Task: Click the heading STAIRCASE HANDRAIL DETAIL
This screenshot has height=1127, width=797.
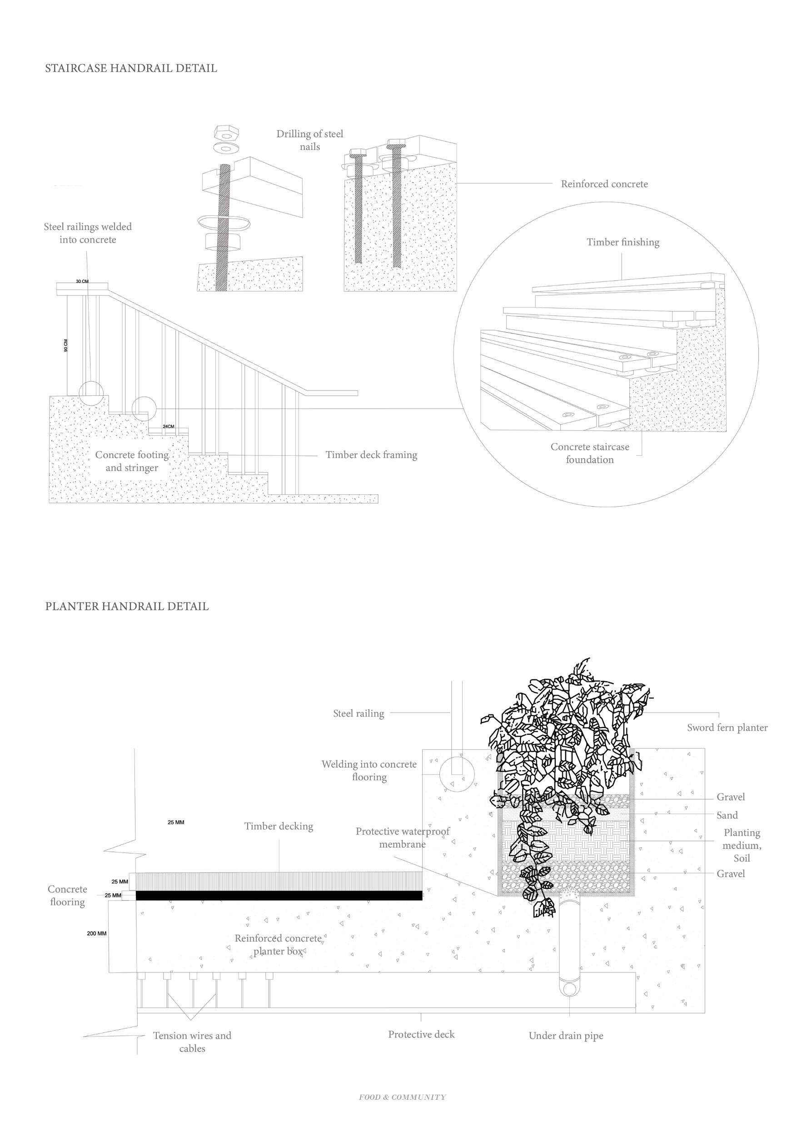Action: point(131,68)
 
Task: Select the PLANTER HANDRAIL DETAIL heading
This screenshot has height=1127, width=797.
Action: point(127,606)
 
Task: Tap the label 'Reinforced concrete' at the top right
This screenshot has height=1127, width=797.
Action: point(604,184)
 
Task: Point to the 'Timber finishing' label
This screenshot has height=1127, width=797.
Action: point(623,242)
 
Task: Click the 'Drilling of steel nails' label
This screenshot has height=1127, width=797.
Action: point(310,140)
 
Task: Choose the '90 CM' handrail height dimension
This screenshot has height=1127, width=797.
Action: point(66,345)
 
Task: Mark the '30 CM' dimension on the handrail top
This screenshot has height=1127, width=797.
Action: point(82,281)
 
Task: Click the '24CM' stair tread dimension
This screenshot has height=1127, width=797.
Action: point(168,427)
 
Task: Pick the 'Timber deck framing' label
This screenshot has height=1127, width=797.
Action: point(371,455)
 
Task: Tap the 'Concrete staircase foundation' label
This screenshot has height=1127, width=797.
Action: point(589,453)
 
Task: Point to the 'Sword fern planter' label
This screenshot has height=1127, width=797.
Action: point(727,728)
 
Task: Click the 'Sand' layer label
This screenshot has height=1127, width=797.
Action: point(727,815)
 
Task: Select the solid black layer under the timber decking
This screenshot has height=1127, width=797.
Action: point(279,895)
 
